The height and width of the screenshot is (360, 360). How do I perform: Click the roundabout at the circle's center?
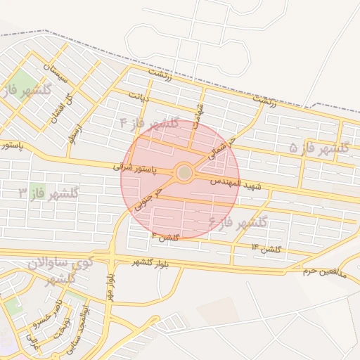184,172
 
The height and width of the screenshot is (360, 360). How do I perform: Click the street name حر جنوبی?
149,200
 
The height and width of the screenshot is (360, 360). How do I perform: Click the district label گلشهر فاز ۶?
238,224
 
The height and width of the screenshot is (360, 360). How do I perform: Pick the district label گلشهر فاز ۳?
48,192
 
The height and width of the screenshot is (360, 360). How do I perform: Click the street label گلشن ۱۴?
266,249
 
